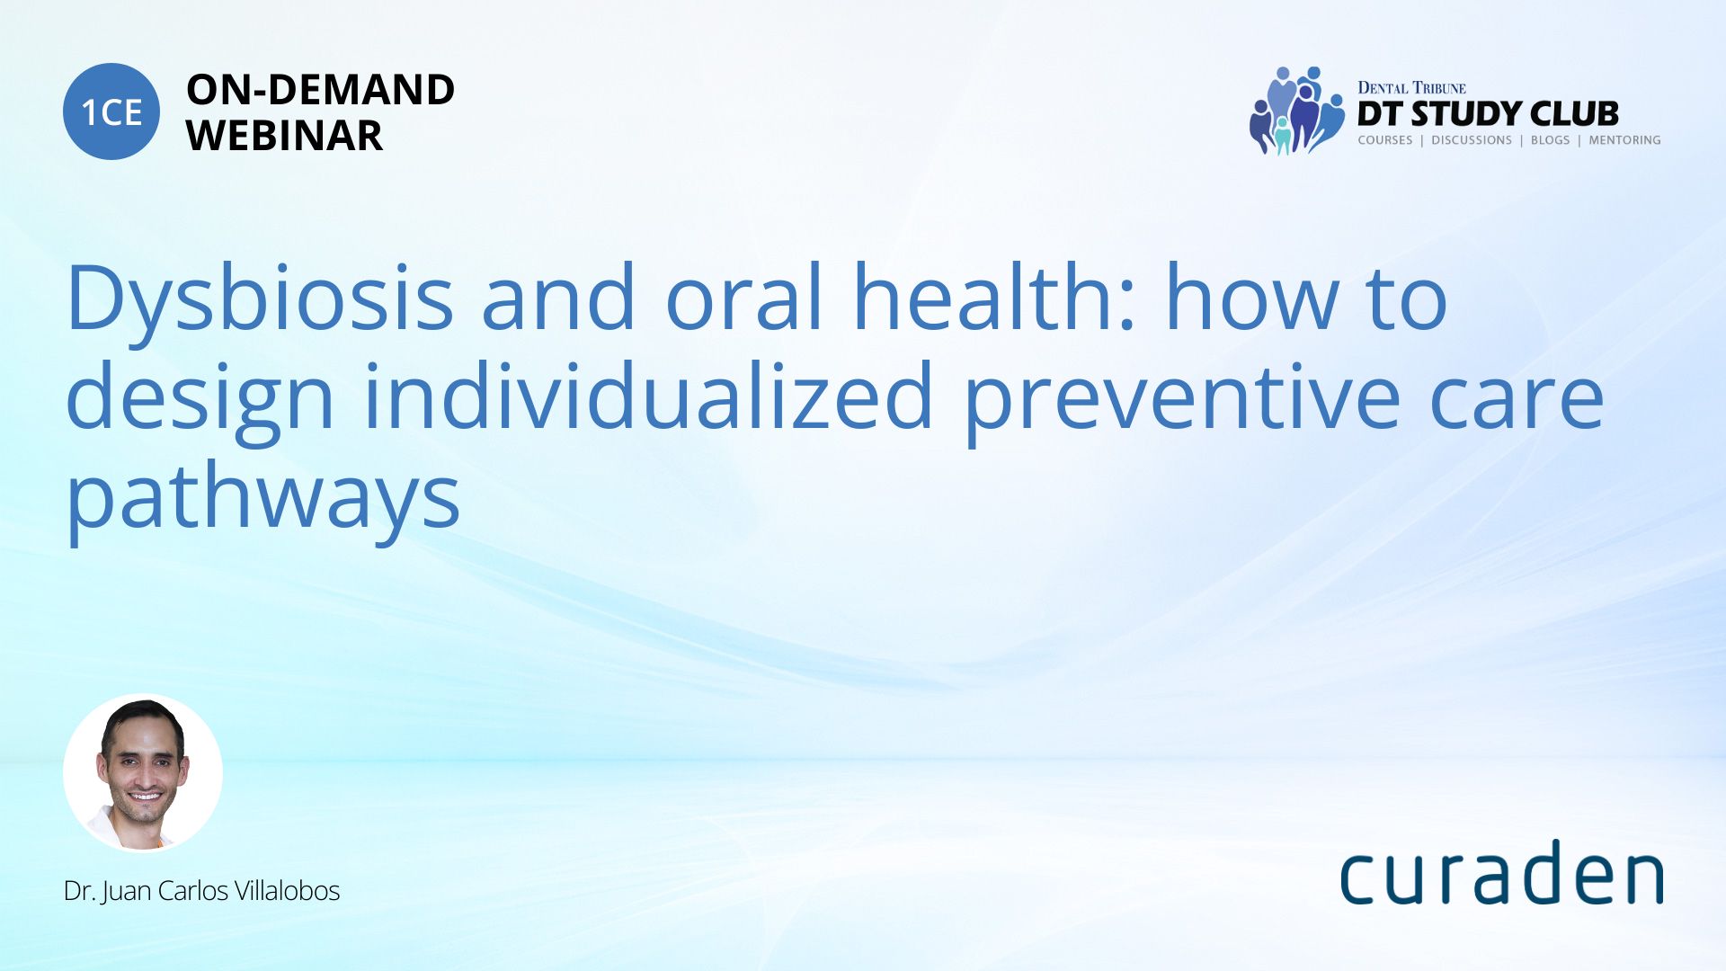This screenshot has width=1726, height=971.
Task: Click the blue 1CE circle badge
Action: [111, 111]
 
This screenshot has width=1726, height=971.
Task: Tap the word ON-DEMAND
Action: [320, 90]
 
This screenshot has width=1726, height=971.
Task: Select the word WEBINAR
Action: [284, 136]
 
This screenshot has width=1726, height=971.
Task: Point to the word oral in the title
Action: [744, 297]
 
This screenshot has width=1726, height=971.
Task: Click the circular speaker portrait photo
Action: [143, 773]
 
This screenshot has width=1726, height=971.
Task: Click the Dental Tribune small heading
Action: [1411, 87]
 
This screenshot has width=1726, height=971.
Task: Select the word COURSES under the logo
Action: [1385, 140]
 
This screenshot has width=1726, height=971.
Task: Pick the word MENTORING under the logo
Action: [1624, 140]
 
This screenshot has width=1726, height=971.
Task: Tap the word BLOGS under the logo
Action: [1550, 140]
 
